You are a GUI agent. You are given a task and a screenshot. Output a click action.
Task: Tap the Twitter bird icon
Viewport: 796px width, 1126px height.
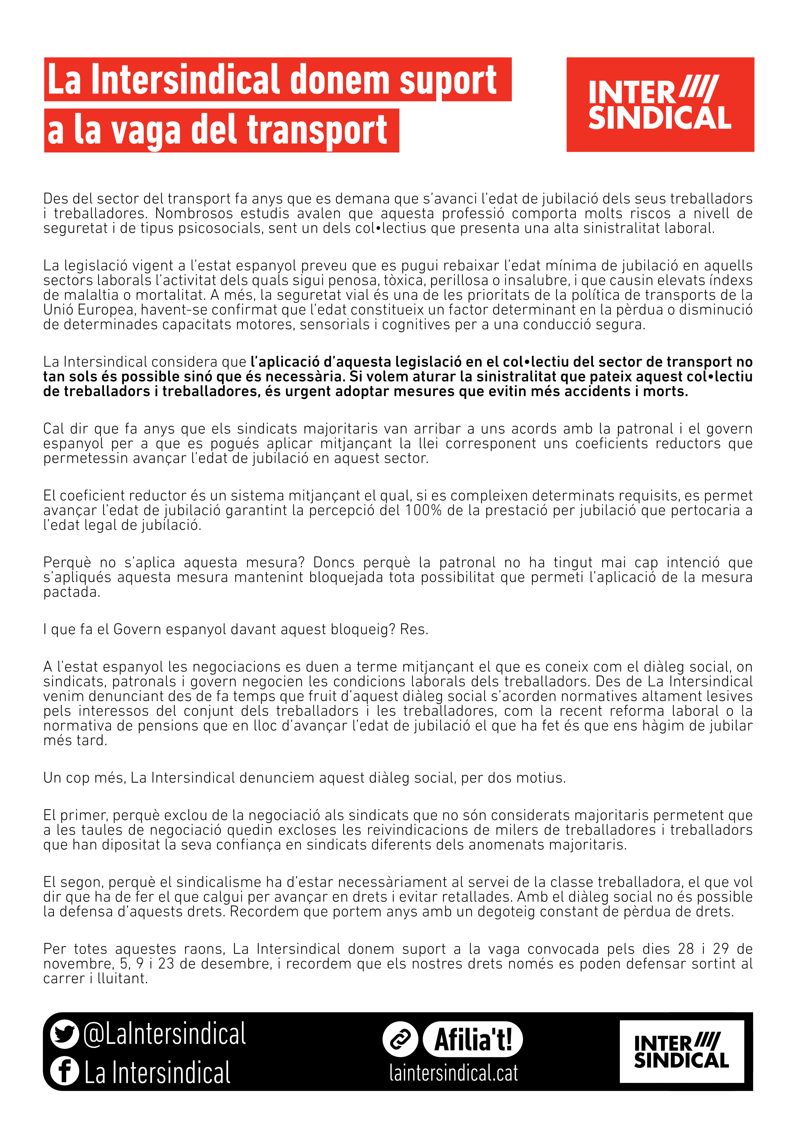[x=64, y=1034]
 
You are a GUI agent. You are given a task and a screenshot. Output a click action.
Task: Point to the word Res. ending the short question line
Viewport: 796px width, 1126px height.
[x=414, y=629]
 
